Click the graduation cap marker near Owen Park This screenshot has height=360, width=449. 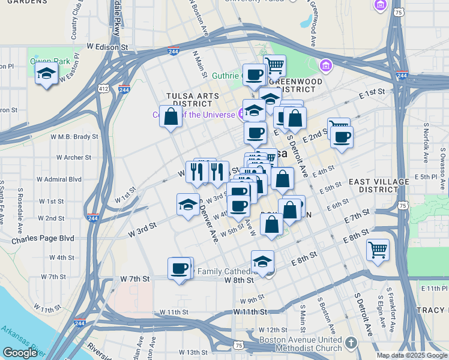pyautogui.click(x=46, y=75)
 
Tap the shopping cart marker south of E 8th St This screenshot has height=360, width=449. pyautogui.click(x=378, y=249)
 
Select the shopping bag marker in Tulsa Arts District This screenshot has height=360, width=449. pyautogui.click(x=171, y=116)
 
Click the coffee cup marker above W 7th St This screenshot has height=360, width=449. pyautogui.click(x=179, y=268)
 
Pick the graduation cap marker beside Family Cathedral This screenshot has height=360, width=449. pyautogui.click(x=262, y=262)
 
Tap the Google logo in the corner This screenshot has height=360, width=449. pyautogui.click(x=20, y=353)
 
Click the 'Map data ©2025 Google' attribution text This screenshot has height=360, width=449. pyautogui.click(x=412, y=355)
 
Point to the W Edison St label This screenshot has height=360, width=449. pyautogui.click(x=108, y=46)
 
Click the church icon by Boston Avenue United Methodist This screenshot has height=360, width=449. pyautogui.click(x=351, y=342)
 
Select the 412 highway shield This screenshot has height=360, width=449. pyautogui.click(x=104, y=89)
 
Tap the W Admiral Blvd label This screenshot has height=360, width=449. pyautogui.click(x=59, y=179)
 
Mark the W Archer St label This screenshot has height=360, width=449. pyautogui.click(x=74, y=158)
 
